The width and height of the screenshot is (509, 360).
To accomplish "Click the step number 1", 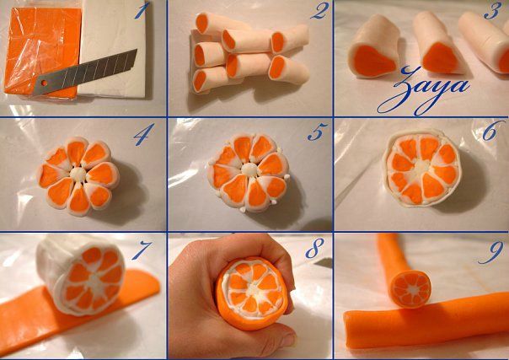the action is point(142,10).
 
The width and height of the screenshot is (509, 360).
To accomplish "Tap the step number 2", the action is point(319,11).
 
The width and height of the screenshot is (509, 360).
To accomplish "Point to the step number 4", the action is point(144,134).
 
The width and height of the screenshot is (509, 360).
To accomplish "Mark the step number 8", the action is point(315,248).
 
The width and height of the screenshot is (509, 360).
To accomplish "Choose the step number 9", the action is point(492,252).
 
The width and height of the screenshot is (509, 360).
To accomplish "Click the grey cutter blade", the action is point(85,73).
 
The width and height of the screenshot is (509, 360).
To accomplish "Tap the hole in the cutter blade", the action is point(44,83).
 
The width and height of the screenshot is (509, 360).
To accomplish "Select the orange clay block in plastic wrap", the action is point(42,52).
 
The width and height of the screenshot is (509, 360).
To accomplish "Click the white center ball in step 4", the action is point(78,175).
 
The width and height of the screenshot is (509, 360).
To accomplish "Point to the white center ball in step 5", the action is point(249,169).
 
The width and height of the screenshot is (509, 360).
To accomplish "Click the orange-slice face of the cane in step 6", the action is point(422,169).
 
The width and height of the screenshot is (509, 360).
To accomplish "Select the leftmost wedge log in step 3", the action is point(375,47).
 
